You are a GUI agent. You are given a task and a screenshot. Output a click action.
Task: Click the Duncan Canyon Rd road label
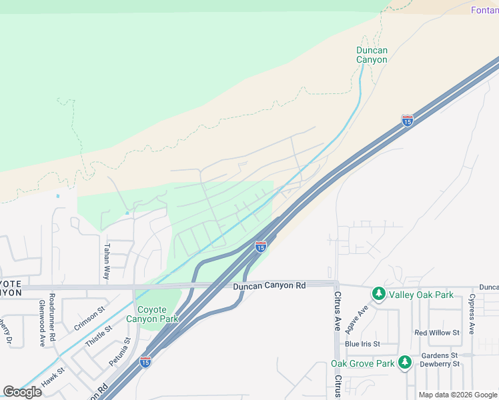[x=270, y=285]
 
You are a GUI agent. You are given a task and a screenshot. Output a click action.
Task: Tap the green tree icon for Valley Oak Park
[x=379, y=293]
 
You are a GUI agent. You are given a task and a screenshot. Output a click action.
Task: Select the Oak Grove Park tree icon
[x=404, y=362]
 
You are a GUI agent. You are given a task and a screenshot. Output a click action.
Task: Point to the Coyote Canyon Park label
[x=157, y=314]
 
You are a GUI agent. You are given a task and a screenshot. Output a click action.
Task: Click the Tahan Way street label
[x=106, y=261]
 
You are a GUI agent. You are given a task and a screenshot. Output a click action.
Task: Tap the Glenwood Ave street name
[x=41, y=323]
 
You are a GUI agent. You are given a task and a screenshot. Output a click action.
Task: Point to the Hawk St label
[x=51, y=378]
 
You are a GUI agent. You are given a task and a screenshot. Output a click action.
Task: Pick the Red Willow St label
[x=437, y=332]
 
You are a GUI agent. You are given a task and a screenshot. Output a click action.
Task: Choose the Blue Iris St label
[x=362, y=344]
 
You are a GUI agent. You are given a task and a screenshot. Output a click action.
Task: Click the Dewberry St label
[x=440, y=364]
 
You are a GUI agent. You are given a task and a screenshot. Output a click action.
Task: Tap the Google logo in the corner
[x=22, y=392]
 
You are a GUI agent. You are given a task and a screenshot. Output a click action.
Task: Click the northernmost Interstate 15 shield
[x=407, y=121]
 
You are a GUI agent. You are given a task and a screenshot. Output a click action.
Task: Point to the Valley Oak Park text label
[x=421, y=295]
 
